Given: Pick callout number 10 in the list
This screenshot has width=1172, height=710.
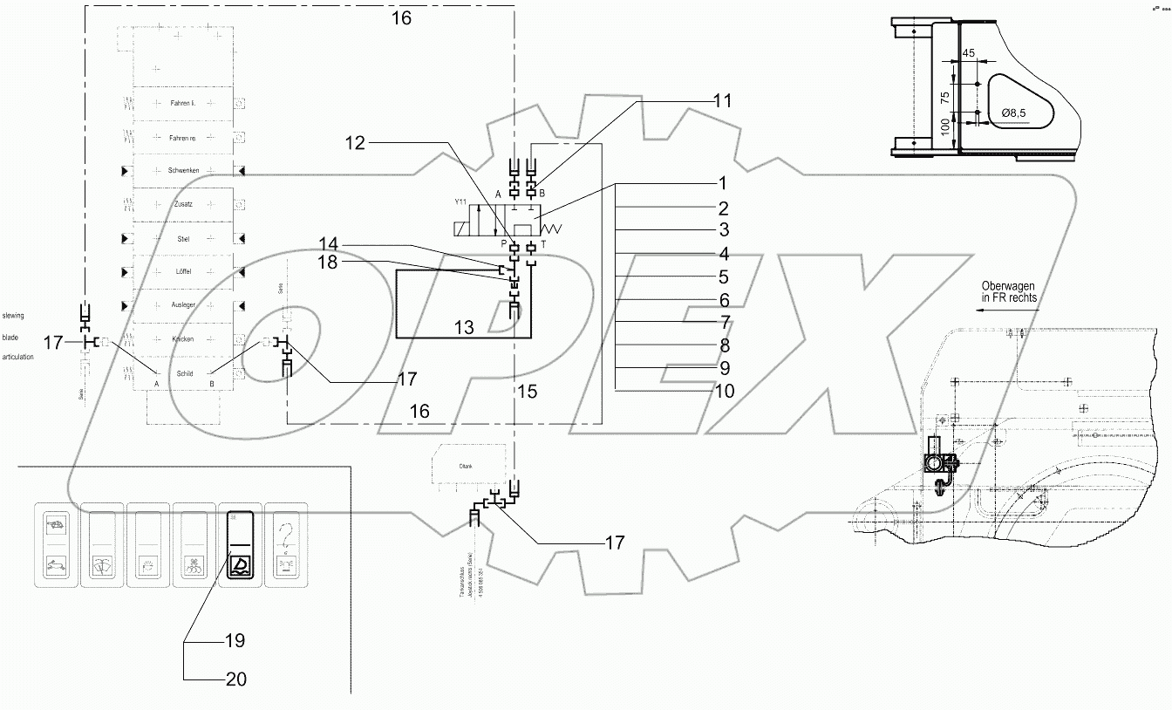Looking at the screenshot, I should [x=723, y=391].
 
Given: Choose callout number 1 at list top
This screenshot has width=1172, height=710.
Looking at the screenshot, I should [x=722, y=184].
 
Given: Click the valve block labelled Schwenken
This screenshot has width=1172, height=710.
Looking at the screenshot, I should [x=184, y=170].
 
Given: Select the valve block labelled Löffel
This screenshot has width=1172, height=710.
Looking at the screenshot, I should [x=184, y=271].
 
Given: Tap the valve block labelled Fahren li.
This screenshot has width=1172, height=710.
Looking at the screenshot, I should [x=184, y=103].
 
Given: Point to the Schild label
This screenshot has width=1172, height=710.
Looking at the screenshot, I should [x=184, y=372].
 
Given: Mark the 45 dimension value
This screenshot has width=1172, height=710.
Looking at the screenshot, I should [x=968, y=53].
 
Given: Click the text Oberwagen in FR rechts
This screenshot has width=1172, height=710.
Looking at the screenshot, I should [x=1010, y=290].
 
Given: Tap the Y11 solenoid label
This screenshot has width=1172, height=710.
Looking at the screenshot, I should [x=460, y=201].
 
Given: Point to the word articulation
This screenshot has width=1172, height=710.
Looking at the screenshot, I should [x=18, y=357].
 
